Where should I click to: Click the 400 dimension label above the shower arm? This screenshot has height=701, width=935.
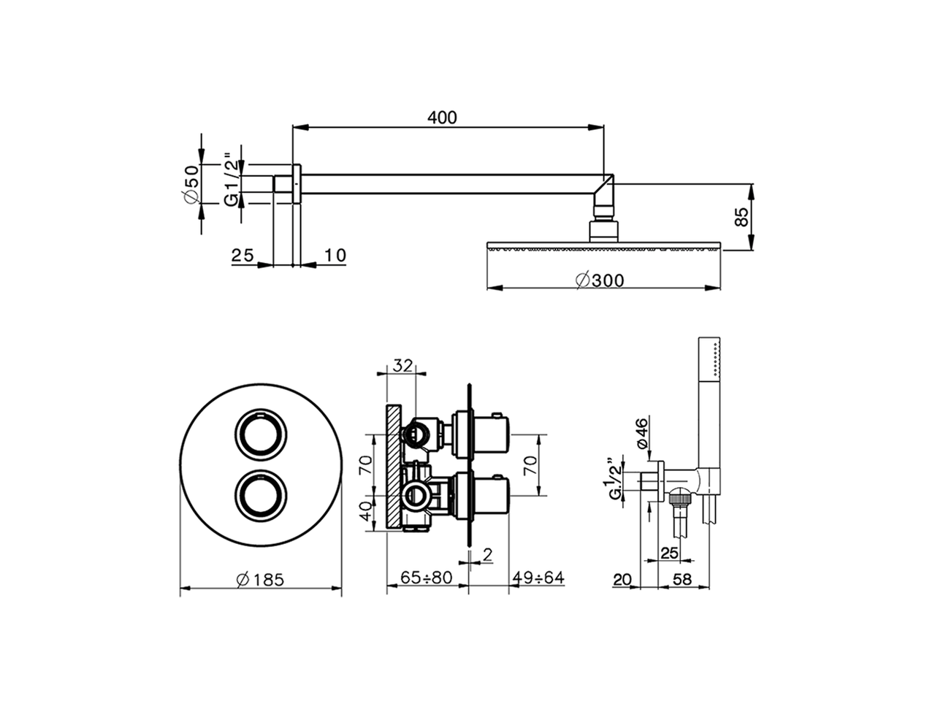[x=443, y=117]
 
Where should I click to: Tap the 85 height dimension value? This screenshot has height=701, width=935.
[x=741, y=217]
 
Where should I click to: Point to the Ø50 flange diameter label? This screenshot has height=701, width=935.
[x=191, y=184]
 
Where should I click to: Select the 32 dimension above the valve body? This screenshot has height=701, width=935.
[x=403, y=365]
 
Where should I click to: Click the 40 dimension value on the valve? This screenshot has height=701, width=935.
[x=366, y=510]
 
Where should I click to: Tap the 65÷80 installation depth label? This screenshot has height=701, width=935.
[x=427, y=578]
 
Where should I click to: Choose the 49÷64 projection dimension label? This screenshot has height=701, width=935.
[x=538, y=578]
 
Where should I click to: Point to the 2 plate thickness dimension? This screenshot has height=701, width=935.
[x=487, y=555]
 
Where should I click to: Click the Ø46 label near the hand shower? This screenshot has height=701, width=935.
[x=641, y=434]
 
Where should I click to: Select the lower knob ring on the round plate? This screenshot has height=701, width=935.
[x=261, y=496]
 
